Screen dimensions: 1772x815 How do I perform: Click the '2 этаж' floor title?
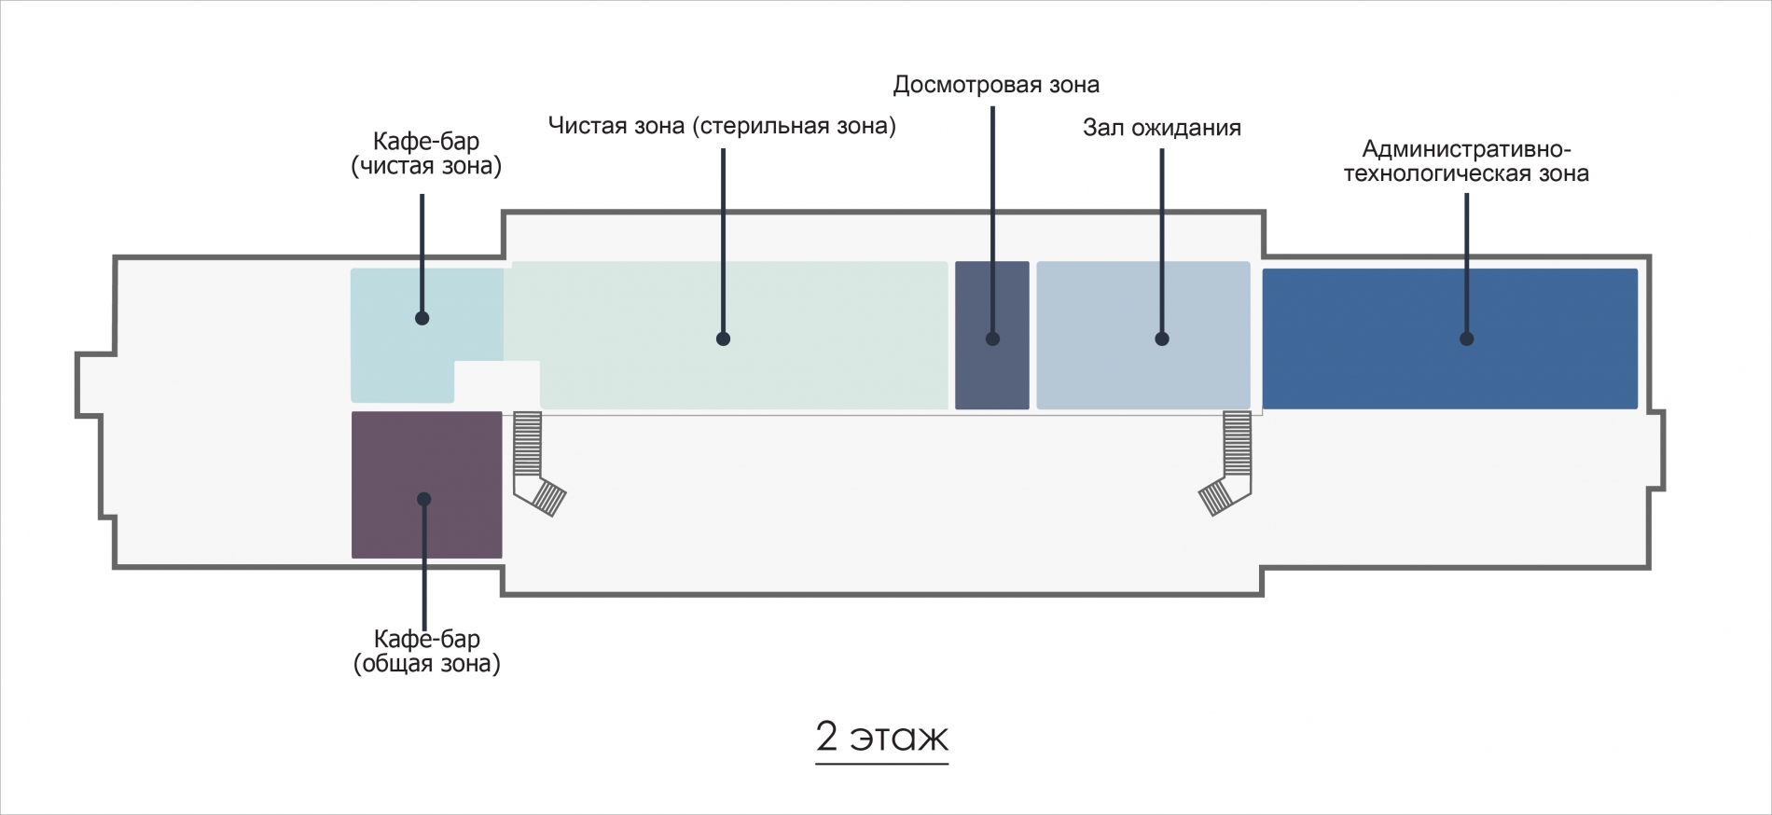[882, 737]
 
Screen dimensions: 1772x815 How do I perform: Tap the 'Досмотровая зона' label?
[996, 85]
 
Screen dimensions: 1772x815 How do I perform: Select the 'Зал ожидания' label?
[1162, 128]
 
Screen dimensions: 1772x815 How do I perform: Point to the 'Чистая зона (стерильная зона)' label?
[722, 126]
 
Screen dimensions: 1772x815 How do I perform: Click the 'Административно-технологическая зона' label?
[1466, 161]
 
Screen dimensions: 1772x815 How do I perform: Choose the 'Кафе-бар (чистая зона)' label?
[426, 154]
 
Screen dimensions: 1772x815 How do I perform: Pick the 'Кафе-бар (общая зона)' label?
[426, 651]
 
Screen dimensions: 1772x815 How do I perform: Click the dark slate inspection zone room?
[992, 335]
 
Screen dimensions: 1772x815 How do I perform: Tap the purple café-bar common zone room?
[426, 485]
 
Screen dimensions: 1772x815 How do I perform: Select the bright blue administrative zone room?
[1450, 338]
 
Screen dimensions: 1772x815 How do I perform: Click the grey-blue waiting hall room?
[1143, 335]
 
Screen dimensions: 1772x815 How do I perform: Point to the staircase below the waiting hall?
[1229, 463]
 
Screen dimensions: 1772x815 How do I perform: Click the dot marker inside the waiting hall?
[1162, 339]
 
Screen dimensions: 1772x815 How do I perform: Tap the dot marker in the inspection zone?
[992, 339]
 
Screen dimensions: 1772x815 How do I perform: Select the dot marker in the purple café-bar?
[424, 499]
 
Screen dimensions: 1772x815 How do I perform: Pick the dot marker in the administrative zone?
[1467, 339]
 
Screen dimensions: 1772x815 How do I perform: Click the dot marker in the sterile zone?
[724, 339]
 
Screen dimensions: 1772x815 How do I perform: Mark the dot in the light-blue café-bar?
[422, 318]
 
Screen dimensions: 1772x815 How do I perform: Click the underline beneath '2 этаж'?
[882, 764]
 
